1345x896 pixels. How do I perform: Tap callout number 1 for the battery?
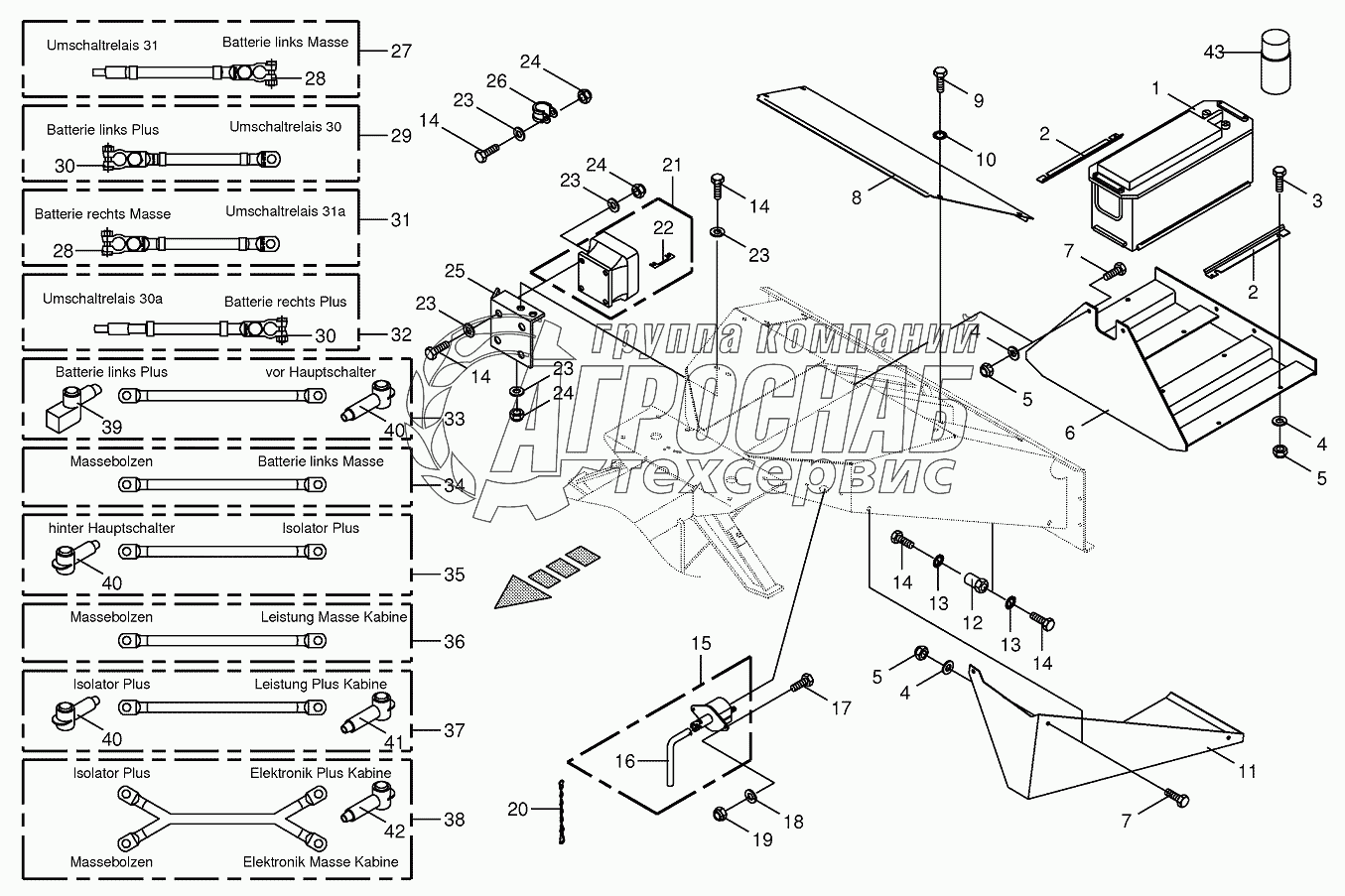coord(1155,88)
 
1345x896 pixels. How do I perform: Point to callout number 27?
coord(400,51)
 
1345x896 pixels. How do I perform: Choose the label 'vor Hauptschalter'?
coord(321,372)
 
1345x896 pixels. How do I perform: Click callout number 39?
coord(112,426)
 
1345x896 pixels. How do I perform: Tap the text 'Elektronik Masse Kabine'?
coord(321,862)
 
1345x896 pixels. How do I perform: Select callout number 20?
coord(517,810)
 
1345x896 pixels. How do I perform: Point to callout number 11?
coord(1246,771)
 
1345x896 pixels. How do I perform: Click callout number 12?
coord(972,622)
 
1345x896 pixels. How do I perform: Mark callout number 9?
coord(978,100)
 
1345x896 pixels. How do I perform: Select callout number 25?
coord(455,270)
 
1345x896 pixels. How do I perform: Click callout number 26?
coord(496,80)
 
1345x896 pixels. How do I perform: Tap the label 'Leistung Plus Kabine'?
coord(321,684)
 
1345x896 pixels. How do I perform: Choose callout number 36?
coord(454,642)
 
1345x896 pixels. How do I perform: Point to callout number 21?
coord(673,164)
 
